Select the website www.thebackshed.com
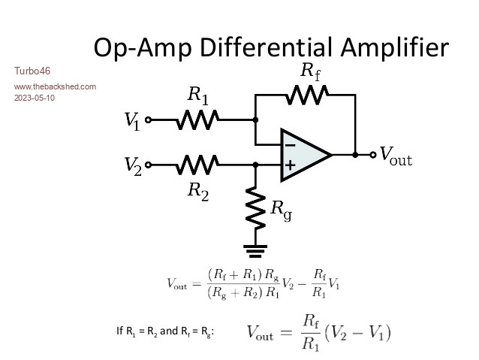pos(55,86)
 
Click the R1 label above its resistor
pos(198,95)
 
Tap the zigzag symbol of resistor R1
pos(198,119)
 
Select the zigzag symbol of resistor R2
pos(198,164)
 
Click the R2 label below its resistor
pos(198,190)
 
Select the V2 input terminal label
pos(133,165)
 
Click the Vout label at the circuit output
pos(396,156)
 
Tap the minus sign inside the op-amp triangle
pos(290,144)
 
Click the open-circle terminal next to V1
pos(148,119)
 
